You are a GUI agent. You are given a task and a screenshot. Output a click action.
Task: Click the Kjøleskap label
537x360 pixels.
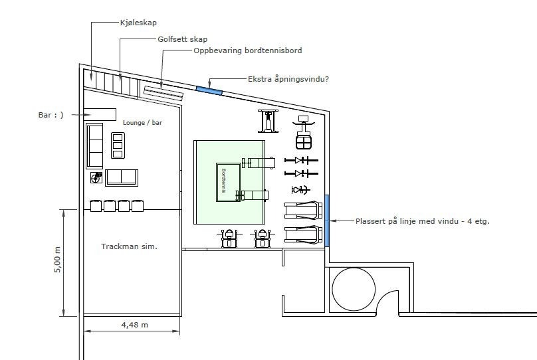138,23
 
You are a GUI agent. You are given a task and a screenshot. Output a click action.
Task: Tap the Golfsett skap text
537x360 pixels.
183,39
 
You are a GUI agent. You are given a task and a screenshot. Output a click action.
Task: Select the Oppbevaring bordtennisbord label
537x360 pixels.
248,50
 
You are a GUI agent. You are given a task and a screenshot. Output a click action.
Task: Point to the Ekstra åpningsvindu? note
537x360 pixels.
288,79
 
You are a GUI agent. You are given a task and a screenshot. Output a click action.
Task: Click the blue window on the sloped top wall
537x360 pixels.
209,90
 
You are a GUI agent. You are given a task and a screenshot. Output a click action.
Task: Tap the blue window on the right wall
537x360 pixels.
327,221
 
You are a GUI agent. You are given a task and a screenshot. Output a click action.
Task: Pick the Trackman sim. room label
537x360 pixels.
129,246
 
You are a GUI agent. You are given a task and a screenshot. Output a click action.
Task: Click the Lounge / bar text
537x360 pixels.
142,122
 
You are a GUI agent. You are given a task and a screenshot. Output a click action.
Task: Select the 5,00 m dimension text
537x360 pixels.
58,260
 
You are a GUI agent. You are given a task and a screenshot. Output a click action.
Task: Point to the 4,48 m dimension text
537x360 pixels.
135,325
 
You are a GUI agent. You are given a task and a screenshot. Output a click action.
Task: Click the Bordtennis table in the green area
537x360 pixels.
228,182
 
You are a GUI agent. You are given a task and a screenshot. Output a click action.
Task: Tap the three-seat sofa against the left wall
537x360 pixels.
94,146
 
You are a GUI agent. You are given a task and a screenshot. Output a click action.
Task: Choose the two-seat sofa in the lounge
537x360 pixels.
122,177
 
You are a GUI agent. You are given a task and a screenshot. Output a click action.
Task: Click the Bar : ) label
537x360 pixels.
51,115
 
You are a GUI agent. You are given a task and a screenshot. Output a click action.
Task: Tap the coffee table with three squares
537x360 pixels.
118,145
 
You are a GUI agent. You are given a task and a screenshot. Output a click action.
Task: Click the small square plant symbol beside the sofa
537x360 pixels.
96,178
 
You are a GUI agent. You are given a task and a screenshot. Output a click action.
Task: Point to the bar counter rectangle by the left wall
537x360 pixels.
100,114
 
